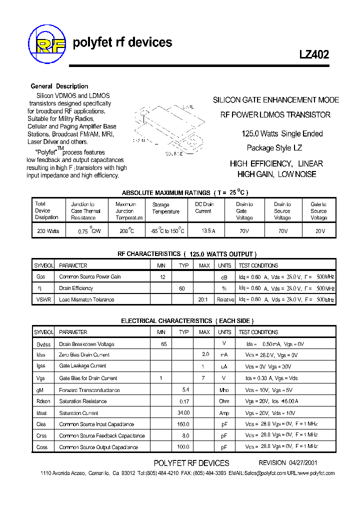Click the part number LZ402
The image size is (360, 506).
[314, 55]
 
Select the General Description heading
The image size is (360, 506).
[59, 86]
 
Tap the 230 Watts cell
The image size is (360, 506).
[48, 231]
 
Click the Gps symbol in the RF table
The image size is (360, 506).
[41, 277]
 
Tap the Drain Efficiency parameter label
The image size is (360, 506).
[76, 288]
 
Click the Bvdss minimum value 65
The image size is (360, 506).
[163, 344]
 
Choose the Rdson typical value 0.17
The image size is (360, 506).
[184, 401]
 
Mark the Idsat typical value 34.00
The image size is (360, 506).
[183, 413]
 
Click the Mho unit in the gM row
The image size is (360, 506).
[224, 390]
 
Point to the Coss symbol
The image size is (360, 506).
[41, 447]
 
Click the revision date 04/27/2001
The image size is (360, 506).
[303, 463]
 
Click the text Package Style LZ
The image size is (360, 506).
[274, 148]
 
